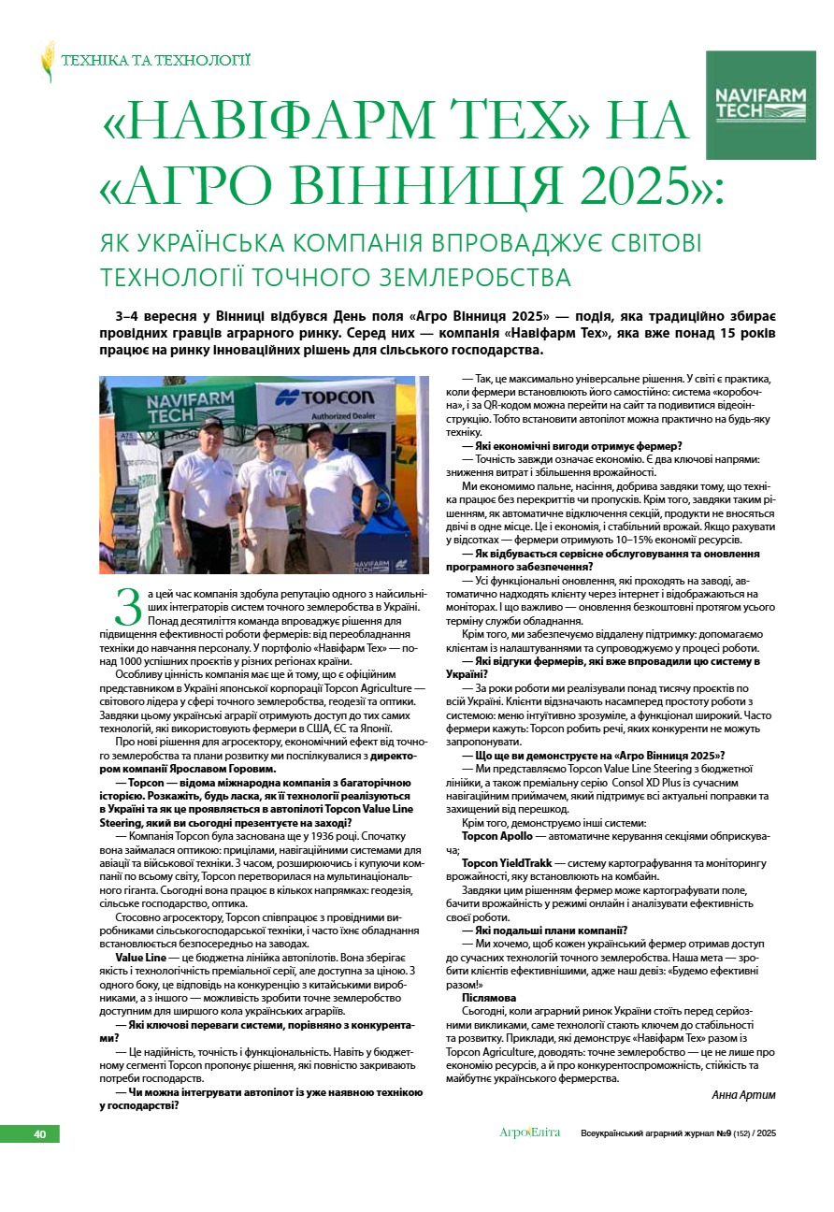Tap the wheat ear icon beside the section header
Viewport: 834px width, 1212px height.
click(48, 61)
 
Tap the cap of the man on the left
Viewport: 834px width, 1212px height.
click(210, 424)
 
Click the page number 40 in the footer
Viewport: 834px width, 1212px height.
click(40, 1133)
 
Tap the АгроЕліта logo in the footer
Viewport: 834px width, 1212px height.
click(529, 1133)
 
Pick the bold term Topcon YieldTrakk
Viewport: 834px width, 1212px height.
click(507, 862)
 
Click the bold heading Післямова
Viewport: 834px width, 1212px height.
click(489, 998)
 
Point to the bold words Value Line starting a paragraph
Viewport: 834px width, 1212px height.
click(140, 959)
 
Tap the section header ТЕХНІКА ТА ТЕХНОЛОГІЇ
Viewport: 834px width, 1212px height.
click(156, 61)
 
